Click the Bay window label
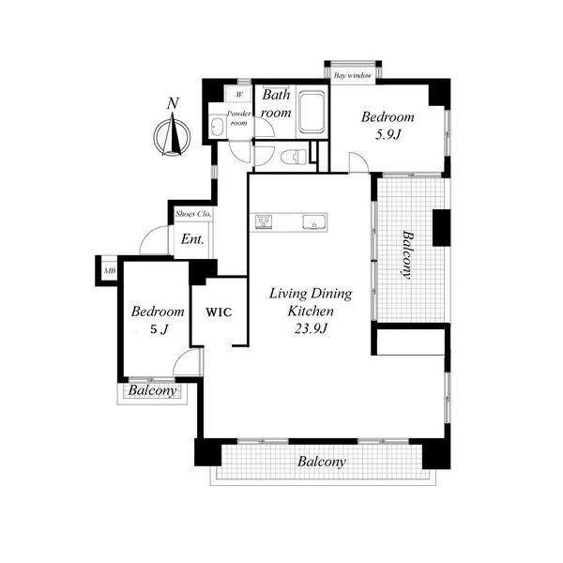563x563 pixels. pyautogui.click(x=353, y=76)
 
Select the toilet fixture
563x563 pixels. pyautogui.click(x=294, y=157)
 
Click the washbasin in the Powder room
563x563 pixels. pyautogui.click(x=217, y=127)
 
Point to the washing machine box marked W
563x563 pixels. pyautogui.click(x=238, y=95)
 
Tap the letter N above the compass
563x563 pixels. pyautogui.click(x=173, y=104)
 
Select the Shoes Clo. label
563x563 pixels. pyautogui.click(x=192, y=214)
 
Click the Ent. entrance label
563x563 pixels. pyautogui.click(x=192, y=238)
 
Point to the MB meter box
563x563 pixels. pyautogui.click(x=110, y=271)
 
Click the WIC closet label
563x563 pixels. pyautogui.click(x=219, y=312)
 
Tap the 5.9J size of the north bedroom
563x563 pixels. pyautogui.click(x=388, y=134)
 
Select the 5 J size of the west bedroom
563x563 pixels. pyautogui.click(x=159, y=329)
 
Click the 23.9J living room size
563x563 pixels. pyautogui.click(x=311, y=328)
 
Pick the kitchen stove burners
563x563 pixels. pyautogui.click(x=264, y=221)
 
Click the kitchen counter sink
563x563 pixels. pyautogui.click(x=314, y=221)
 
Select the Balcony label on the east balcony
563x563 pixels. pyautogui.click(x=407, y=255)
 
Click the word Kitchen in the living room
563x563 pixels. pyautogui.click(x=311, y=311)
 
